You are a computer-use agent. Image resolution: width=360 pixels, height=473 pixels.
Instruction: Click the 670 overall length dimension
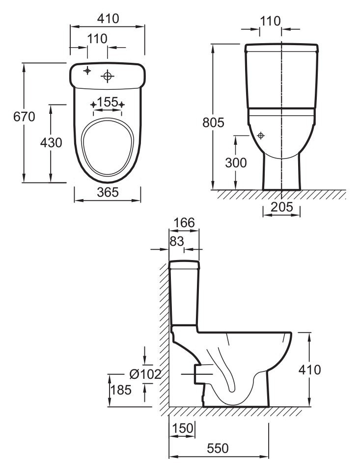(24, 117)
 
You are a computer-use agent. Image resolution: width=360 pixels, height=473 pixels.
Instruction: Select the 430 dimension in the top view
(51, 142)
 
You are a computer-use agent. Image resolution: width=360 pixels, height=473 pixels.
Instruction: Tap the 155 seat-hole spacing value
(108, 102)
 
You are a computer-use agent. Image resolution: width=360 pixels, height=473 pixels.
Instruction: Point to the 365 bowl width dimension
(108, 192)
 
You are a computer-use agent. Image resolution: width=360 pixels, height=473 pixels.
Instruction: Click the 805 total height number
(213, 123)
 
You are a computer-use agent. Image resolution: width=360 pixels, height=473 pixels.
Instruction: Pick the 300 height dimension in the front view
(236, 163)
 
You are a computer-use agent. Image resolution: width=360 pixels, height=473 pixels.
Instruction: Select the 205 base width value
(282, 207)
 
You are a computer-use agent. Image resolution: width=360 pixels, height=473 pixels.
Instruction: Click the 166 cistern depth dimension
(185, 223)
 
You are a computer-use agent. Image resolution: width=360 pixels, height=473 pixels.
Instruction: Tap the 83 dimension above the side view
(177, 241)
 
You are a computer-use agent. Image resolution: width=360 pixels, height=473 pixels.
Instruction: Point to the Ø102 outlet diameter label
(145, 374)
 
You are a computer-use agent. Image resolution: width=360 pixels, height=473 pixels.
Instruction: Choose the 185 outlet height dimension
(121, 390)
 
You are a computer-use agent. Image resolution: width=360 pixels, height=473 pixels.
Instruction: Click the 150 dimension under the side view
(182, 428)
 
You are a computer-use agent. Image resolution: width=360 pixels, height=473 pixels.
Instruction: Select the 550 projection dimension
(218, 448)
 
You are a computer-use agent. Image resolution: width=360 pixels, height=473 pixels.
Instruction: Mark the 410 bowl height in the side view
(309, 369)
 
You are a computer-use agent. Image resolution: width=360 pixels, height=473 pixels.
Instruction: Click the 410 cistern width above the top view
(108, 19)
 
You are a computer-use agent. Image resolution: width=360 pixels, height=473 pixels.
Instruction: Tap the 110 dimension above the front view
(270, 21)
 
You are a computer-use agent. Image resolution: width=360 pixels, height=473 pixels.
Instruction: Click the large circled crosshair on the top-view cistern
(107, 77)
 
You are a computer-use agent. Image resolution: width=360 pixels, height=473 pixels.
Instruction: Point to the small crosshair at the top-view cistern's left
(87, 71)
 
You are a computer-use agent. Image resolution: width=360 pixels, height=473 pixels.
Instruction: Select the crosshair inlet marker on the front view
(261, 136)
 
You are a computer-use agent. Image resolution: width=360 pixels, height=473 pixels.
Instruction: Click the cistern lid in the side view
(184, 265)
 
